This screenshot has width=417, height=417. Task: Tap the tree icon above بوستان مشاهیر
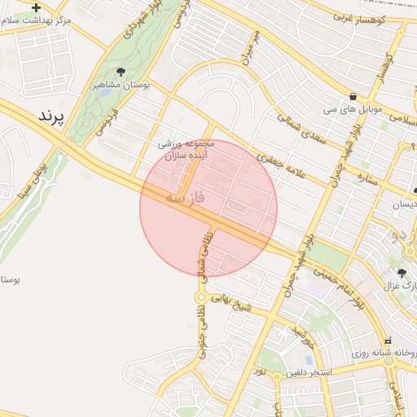[121, 72]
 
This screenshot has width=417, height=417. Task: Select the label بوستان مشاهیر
[120, 85]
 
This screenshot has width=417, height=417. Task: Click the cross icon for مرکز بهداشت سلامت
[36, 7]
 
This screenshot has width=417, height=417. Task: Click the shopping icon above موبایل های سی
[352, 95]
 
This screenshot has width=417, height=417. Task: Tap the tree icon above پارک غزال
[402, 273]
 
